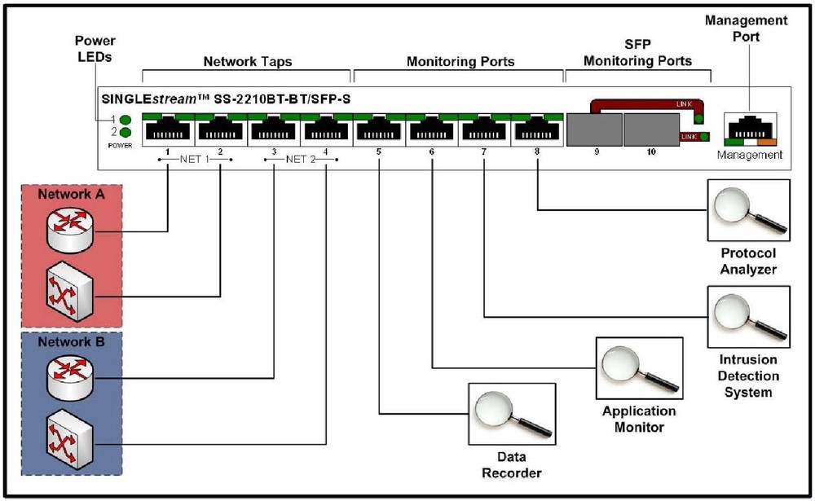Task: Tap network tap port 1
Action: [x=167, y=130]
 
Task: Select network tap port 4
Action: [x=326, y=130]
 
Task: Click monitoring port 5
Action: [x=379, y=130]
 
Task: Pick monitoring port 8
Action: [x=537, y=130]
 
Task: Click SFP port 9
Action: [x=594, y=130]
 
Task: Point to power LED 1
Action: [x=126, y=120]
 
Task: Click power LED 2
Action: [x=126, y=133]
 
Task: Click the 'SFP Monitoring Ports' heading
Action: [x=638, y=53]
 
